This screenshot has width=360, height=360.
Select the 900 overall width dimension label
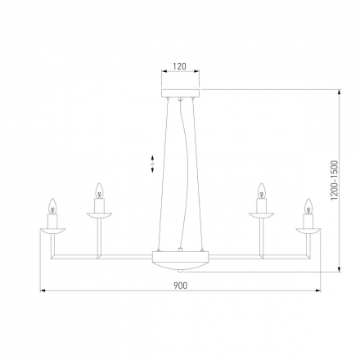181,285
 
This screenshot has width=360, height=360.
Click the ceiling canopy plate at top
181,92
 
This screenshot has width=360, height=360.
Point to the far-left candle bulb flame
53,205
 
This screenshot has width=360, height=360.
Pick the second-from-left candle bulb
100,191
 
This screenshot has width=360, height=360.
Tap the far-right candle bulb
308,205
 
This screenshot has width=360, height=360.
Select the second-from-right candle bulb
262,191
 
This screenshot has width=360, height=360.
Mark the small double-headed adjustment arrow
152,164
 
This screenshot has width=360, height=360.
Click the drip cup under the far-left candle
53,230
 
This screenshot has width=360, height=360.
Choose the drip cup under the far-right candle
308,230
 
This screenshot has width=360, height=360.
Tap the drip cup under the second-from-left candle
100,215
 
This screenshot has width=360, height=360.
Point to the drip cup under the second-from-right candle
262,215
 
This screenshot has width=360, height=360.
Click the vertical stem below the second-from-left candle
100,237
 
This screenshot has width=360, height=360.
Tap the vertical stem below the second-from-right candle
262,237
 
